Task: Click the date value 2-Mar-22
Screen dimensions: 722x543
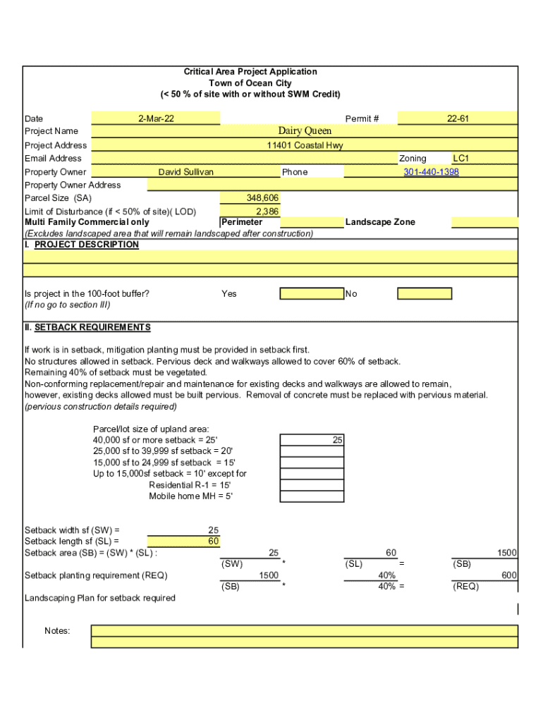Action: point(157,118)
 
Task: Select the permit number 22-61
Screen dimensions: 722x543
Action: point(458,118)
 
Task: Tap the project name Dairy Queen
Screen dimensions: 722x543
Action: point(305,131)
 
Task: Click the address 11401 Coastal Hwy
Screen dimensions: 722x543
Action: point(305,145)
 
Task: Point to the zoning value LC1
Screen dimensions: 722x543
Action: point(461,159)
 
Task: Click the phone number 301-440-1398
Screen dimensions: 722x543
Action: point(431,172)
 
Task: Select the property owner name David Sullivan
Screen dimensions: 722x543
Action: point(185,172)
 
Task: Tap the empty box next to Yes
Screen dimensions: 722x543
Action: point(312,294)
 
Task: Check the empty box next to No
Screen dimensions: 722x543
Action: point(425,294)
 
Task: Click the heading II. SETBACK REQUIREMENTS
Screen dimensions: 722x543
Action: point(87,328)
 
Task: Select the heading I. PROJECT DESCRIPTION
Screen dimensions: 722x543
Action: point(82,245)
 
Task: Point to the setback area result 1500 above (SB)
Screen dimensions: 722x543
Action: point(506,553)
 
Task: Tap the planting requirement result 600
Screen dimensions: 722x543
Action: point(509,576)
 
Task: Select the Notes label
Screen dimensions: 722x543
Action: point(57,631)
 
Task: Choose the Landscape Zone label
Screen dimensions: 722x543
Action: point(380,222)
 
